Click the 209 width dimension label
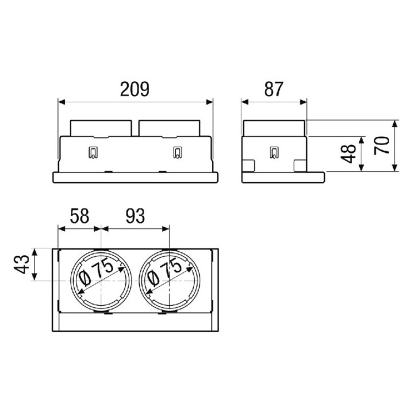(x=135, y=89)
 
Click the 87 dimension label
(x=274, y=89)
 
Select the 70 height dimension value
(x=382, y=145)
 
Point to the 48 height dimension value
(x=348, y=154)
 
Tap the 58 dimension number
(x=79, y=216)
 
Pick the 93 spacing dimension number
(x=135, y=216)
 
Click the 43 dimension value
(x=22, y=264)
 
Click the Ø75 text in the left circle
(x=97, y=272)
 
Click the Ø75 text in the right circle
(x=165, y=272)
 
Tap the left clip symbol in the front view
(x=93, y=152)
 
